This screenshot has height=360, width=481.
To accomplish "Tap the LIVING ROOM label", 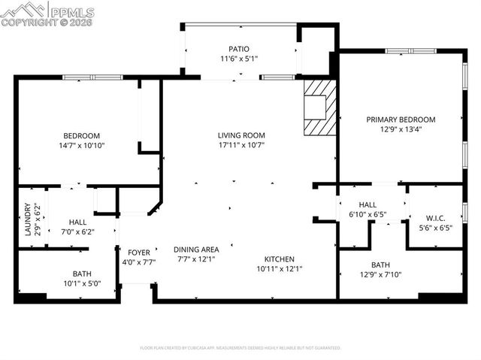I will click(241, 135).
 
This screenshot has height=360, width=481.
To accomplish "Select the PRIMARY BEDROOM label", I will click(401, 119).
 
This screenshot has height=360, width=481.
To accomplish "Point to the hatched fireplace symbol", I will click(319, 108).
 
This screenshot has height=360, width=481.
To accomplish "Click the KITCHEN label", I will click(278, 259).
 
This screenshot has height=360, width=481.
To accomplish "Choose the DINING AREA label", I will click(196, 250).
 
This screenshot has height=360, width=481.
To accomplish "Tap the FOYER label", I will click(138, 253).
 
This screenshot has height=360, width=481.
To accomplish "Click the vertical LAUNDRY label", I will click(26, 220).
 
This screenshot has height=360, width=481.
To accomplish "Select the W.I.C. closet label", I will click(435, 218).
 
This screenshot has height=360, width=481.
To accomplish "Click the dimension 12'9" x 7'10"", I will click(380, 274).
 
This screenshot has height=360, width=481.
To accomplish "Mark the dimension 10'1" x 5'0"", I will click(82, 283).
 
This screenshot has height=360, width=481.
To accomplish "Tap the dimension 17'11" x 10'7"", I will click(241, 145).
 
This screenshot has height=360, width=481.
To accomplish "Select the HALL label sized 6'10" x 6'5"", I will click(367, 204).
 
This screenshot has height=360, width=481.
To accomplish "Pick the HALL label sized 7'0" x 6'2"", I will click(77, 222).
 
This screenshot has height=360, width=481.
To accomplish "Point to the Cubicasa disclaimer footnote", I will click(240, 348).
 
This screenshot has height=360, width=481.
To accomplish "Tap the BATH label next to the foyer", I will click(82, 274).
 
